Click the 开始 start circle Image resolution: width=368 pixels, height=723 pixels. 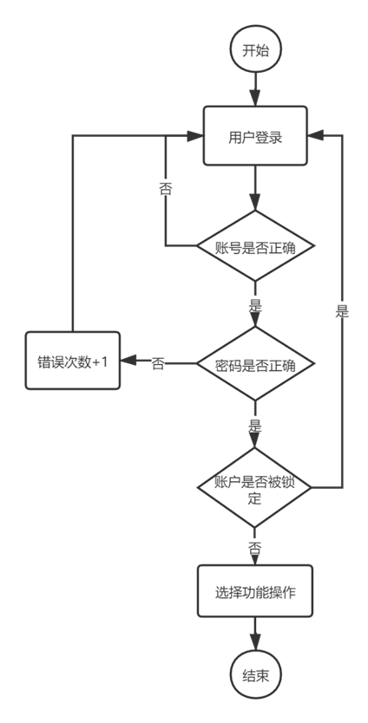click(255, 50)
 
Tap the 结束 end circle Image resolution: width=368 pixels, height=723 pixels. click(255, 676)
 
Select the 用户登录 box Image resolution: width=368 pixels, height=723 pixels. click(255, 136)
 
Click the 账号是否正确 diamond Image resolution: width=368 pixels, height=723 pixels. click(255, 246)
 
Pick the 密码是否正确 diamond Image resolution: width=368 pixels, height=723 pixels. click(255, 364)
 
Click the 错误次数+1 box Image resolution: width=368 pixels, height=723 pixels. click(72, 361)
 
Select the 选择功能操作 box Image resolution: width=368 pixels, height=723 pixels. click(255, 592)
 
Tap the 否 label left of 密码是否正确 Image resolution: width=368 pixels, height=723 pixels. click(159, 363)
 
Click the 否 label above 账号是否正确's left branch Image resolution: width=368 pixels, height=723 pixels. click(166, 187)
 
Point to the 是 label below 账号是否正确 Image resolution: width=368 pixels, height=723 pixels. click(255, 304)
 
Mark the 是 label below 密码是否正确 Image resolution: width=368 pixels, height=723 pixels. click(255, 425)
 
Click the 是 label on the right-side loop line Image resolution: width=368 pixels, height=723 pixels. click(343, 310)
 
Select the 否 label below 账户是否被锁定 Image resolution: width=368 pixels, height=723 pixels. click(255, 548)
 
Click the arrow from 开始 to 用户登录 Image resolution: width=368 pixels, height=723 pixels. click(255, 89)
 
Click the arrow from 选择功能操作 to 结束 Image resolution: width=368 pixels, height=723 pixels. click(255, 635)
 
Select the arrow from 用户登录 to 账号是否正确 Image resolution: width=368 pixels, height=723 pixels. click(255, 189)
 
